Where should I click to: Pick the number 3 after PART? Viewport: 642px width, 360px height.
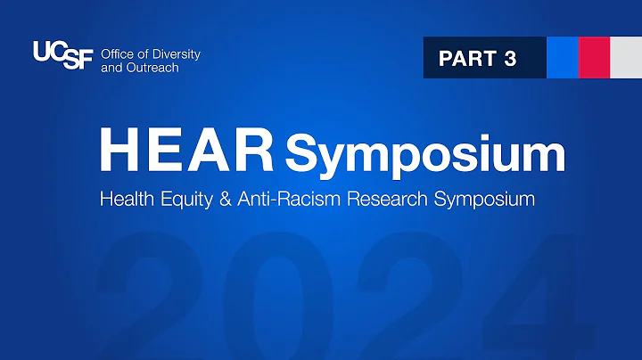click(x=510, y=59)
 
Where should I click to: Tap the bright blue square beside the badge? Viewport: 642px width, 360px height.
click(x=562, y=58)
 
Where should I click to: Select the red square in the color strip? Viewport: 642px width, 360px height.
click(x=593, y=58)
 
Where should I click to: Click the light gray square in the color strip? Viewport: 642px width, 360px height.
click(x=623, y=58)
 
